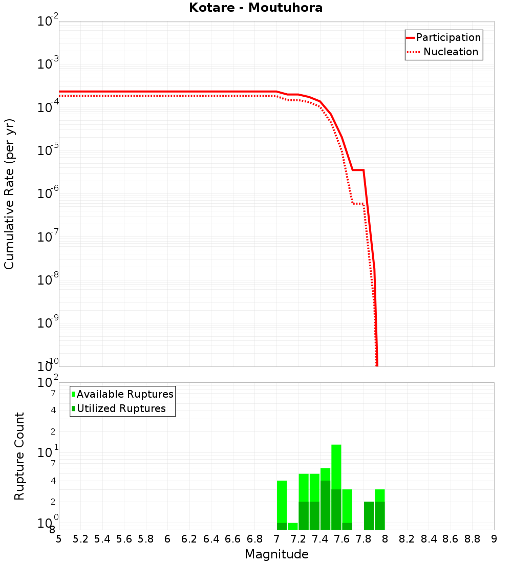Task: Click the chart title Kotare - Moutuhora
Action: (255, 8)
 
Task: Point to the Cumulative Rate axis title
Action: (9, 193)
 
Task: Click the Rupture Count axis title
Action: (19, 456)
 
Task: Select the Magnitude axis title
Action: (276, 554)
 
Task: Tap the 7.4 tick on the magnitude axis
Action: (320, 539)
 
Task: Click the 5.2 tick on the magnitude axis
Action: (80, 539)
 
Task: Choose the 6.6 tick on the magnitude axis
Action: (233, 539)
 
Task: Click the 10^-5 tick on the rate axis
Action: (48, 150)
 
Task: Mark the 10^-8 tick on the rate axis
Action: (48, 280)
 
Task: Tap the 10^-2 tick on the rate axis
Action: (48, 21)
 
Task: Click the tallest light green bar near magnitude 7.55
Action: (336, 466)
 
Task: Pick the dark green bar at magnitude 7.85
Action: (369, 515)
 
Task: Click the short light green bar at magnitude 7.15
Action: (293, 526)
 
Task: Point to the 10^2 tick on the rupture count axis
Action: (48, 383)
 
